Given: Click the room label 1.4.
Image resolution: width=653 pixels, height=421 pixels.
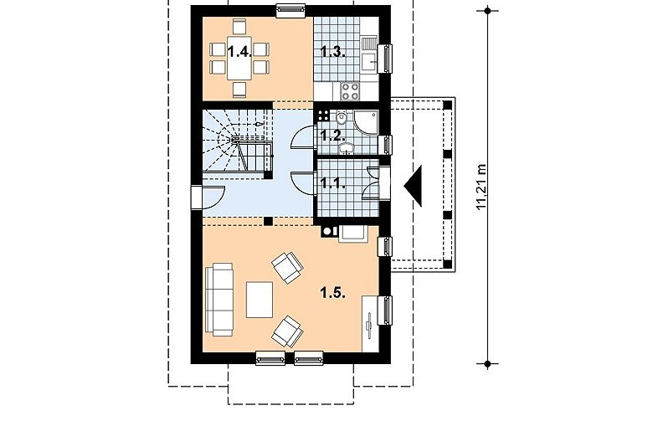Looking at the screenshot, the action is [239, 52].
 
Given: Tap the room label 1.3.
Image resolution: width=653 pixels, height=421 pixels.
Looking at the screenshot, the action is [333, 53].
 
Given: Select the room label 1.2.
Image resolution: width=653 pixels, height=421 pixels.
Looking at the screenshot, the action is [333, 136].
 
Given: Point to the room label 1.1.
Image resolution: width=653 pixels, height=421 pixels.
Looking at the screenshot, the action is [333, 182].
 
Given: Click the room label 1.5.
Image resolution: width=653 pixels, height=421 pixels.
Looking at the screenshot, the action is [333, 293].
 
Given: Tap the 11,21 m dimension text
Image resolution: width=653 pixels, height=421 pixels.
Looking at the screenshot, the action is [482, 187].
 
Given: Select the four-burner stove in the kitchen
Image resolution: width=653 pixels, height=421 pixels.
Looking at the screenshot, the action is [350, 91].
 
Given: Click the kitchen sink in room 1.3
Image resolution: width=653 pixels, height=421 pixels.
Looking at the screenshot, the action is [369, 54].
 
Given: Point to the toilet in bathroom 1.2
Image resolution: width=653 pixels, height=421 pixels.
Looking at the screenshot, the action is [342, 117].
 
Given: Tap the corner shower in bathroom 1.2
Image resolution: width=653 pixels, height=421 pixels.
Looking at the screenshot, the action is [366, 123].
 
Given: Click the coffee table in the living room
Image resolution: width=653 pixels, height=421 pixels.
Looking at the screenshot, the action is [260, 300].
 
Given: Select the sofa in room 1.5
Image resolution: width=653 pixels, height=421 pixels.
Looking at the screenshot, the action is [219, 299].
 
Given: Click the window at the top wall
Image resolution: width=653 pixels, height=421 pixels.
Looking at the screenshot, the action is [291, 11].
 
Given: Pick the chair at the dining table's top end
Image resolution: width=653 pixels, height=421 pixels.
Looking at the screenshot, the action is [239, 27].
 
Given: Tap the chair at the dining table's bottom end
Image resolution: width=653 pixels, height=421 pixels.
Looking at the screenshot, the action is [239, 89].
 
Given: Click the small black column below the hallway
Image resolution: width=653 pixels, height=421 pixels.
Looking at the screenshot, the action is [269, 221].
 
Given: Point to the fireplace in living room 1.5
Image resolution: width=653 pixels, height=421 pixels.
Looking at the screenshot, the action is [353, 234].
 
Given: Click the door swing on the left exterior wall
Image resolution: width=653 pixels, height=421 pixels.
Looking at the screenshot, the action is [213, 197].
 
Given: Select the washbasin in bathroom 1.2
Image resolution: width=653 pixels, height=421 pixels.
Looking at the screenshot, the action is [346, 147].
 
